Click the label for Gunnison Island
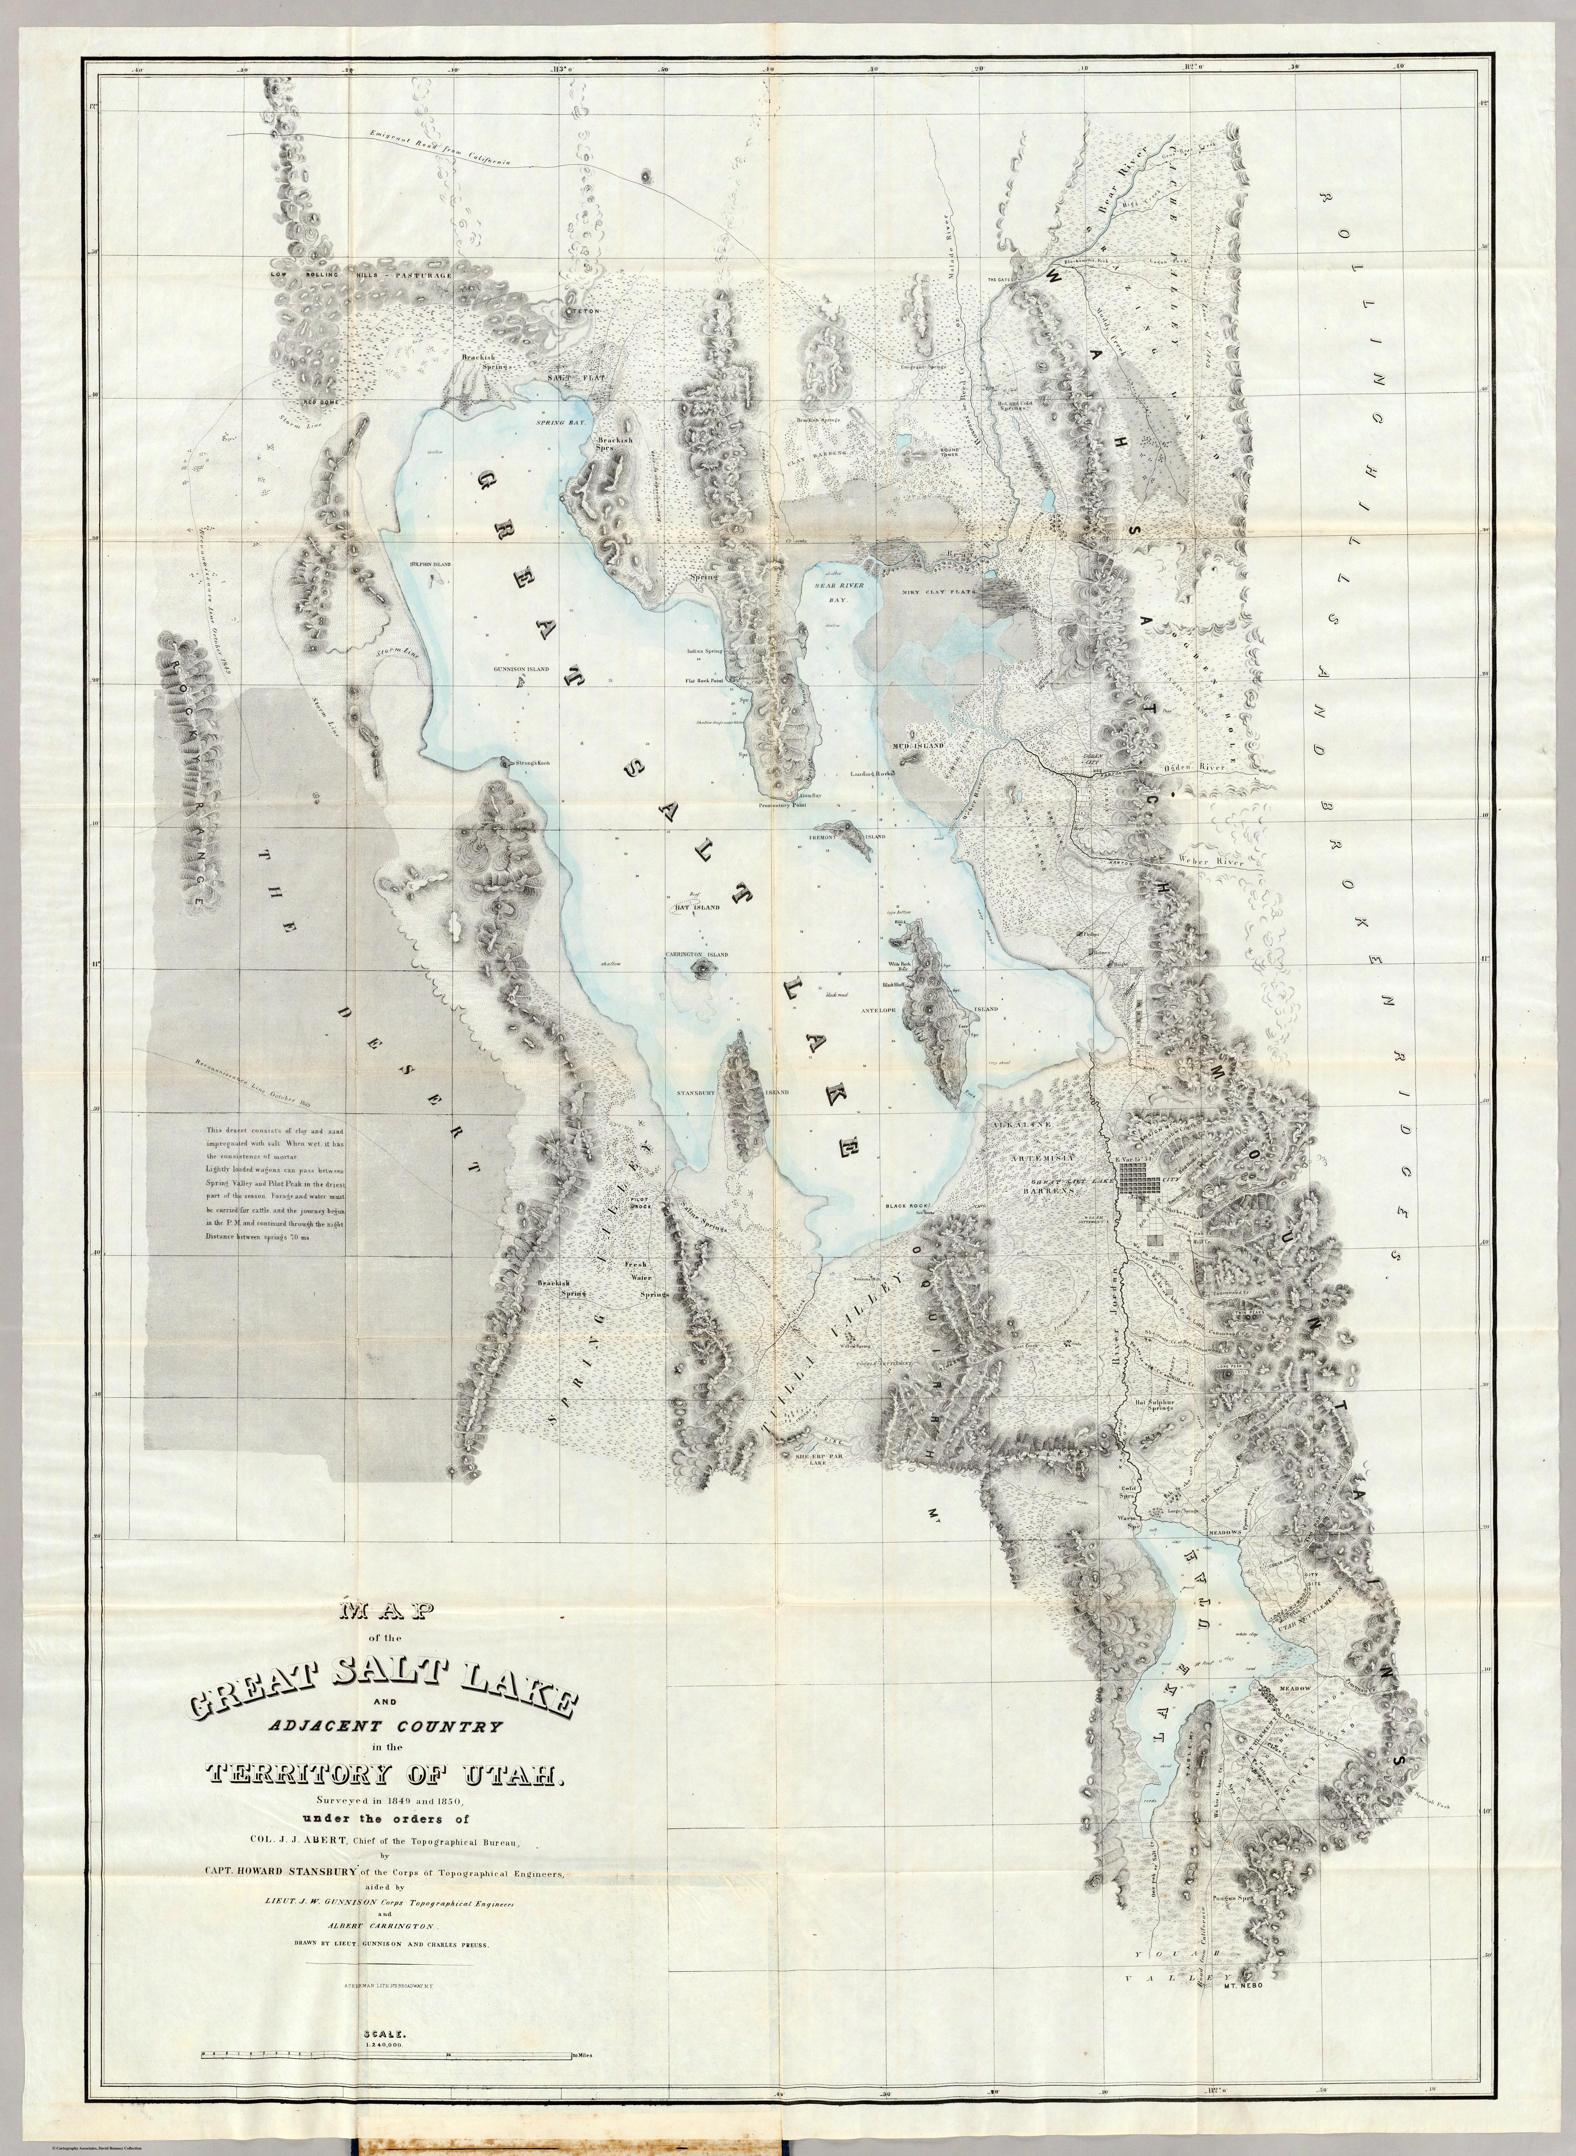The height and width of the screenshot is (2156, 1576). click(521, 670)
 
